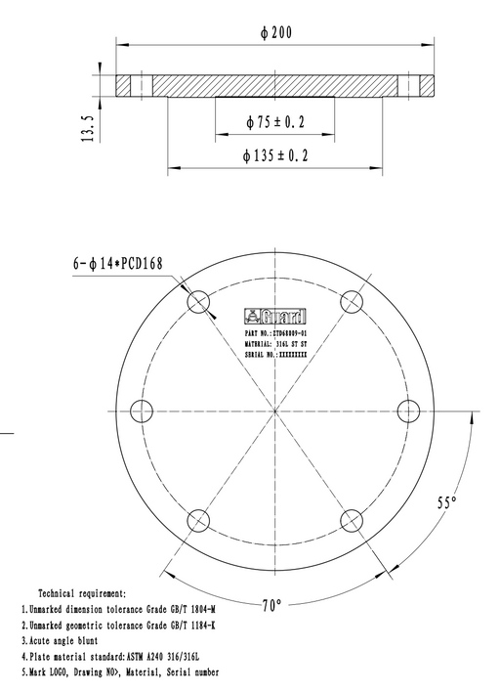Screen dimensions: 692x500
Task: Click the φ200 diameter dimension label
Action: point(276,32)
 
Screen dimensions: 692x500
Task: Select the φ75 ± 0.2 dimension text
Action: point(274,122)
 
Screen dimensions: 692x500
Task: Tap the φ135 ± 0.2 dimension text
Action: point(274,155)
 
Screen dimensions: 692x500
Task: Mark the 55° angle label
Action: point(446,502)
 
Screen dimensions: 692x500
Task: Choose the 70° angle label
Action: point(271,605)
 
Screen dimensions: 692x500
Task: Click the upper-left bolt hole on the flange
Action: point(198,301)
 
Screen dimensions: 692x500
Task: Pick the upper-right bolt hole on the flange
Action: point(352,301)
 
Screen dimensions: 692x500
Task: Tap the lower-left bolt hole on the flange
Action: point(198,519)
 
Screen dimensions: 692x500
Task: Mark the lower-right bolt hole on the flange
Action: point(352,519)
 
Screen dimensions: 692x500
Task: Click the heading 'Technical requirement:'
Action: point(81,593)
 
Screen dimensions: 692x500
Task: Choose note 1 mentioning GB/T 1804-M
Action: point(118,609)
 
